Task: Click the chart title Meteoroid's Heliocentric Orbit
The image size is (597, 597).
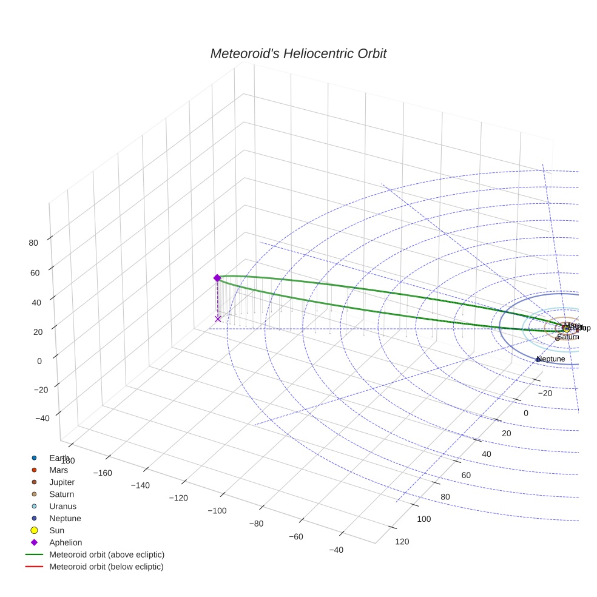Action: pos(298,54)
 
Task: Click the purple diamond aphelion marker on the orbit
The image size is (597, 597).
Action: pos(217,278)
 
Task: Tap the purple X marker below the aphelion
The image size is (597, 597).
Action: pos(218,319)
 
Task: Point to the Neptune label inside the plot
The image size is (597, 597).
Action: pos(551,359)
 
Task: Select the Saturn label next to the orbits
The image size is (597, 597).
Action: pos(568,337)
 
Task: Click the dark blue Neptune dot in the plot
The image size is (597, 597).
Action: pos(538,360)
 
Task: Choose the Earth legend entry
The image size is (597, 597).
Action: pos(59,457)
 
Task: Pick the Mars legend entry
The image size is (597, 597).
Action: pos(58,470)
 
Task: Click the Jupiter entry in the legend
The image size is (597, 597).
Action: pos(62,482)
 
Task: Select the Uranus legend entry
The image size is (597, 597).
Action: pos(62,506)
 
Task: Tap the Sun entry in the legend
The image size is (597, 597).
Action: pos(56,530)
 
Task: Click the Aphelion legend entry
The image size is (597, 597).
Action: pos(66,542)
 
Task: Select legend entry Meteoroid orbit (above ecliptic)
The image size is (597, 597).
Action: pos(107,555)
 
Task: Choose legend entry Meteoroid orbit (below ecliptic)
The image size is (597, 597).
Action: pos(106,567)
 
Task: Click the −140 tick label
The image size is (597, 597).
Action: pos(140,485)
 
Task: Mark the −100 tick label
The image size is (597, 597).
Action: pos(217,511)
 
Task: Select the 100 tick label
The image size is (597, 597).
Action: pos(423,519)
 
